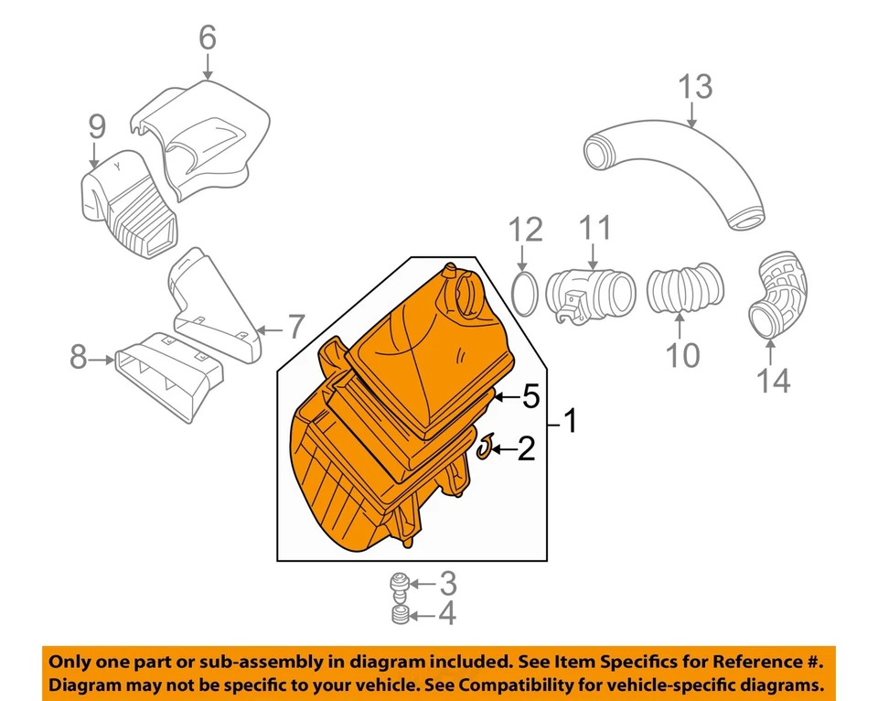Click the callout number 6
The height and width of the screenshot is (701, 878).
[x=208, y=38]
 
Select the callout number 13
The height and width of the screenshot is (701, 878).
[x=695, y=89]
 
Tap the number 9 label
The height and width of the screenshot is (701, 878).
[x=97, y=127]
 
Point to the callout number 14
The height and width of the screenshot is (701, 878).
[x=774, y=380]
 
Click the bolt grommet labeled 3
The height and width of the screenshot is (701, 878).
[x=399, y=582]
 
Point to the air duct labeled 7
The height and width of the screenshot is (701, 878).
[x=215, y=307]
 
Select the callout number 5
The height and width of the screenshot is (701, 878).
[x=530, y=397]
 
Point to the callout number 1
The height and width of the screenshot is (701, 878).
[x=570, y=423]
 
